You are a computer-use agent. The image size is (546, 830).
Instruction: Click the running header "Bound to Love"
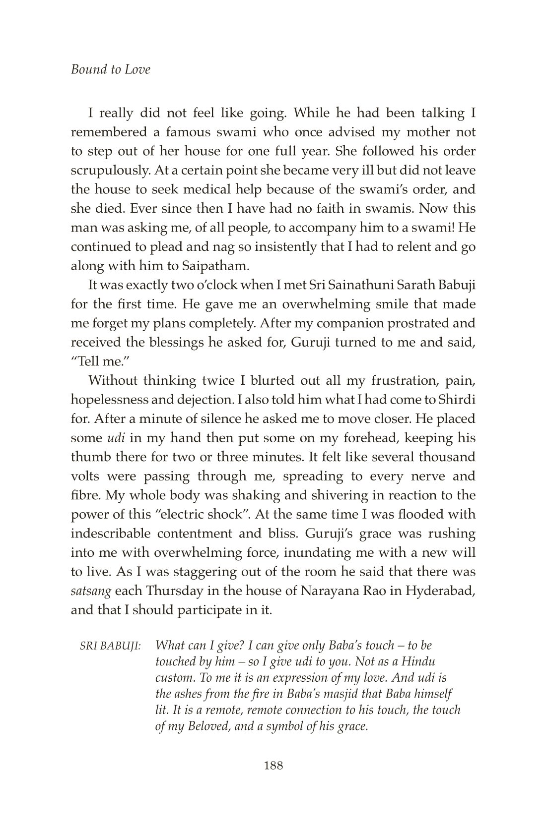point(110,69)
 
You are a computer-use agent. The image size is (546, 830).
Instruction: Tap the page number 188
point(273,766)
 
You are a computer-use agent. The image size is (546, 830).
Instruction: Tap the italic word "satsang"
point(91,591)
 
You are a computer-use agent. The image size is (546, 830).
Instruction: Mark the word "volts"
point(88,476)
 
